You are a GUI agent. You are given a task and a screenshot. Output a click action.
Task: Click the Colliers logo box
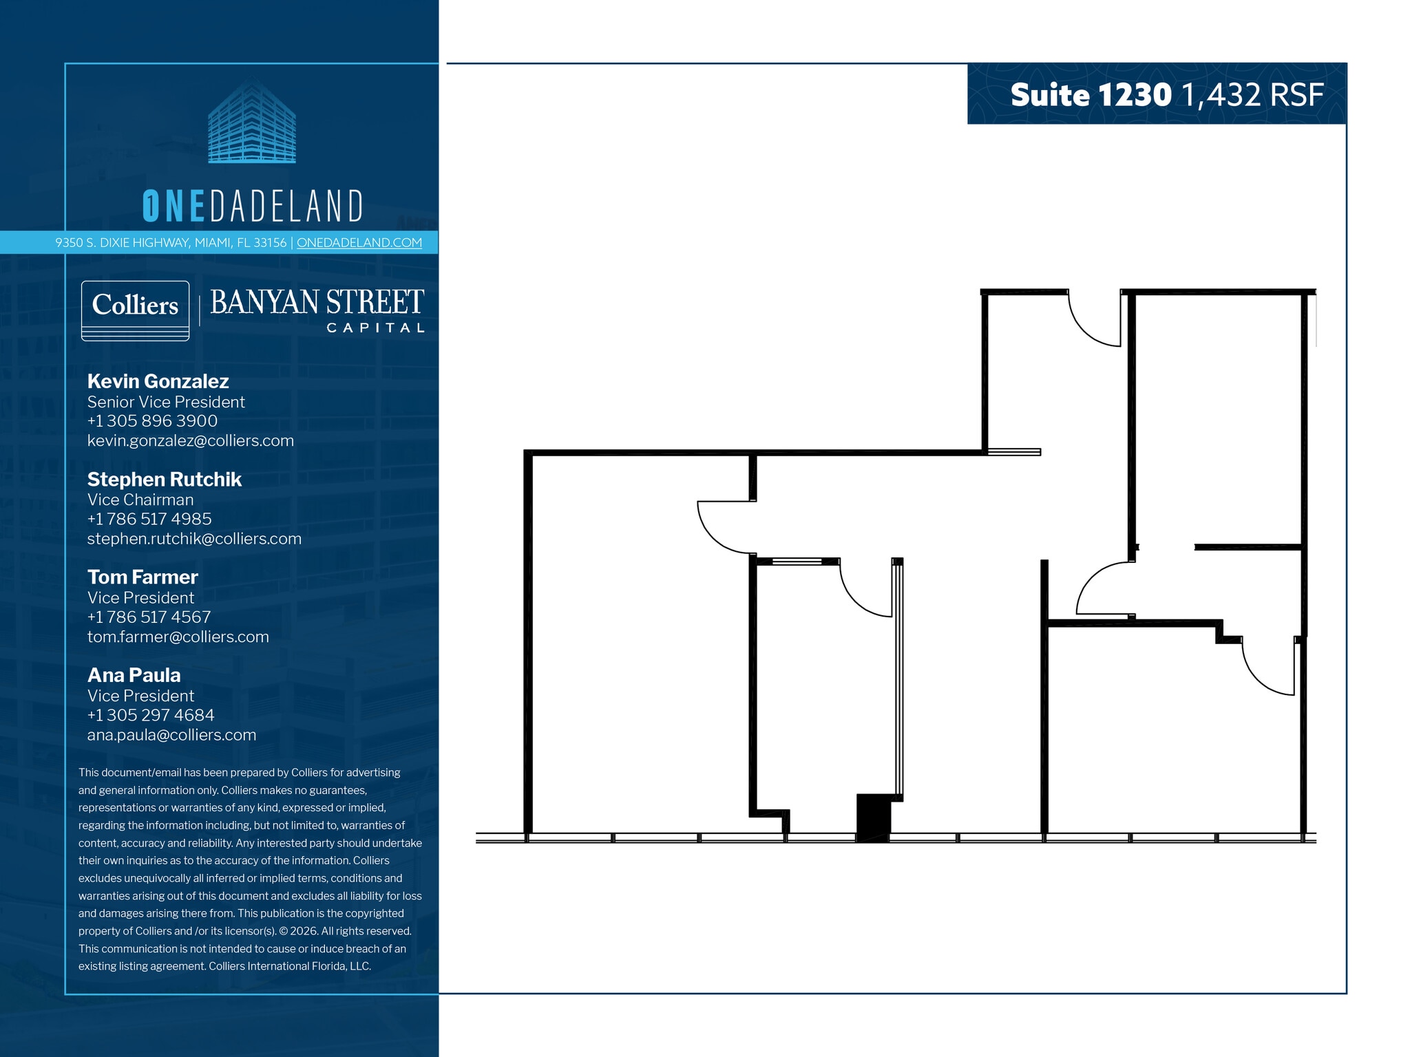coord(135,310)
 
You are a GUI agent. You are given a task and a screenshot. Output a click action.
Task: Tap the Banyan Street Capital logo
coord(317,310)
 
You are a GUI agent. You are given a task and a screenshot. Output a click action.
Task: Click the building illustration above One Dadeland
coord(252,122)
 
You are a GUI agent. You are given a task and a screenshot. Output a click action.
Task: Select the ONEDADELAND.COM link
coord(359,243)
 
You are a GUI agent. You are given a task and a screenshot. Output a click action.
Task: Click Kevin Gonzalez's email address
coord(190,441)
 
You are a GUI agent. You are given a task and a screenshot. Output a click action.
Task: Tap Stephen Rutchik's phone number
coord(149,520)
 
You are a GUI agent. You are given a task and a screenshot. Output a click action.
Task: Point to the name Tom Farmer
coord(143,577)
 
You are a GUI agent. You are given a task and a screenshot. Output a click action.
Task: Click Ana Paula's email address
coord(171,736)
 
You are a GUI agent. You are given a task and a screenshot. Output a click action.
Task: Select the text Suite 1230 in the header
coord(1091,95)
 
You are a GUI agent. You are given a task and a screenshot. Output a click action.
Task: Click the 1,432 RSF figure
coord(1252,95)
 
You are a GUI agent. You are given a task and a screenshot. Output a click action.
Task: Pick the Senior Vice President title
coord(166,403)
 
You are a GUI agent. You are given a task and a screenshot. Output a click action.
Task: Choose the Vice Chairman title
coord(140,500)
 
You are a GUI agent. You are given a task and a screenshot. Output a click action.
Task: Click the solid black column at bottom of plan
coord(873,818)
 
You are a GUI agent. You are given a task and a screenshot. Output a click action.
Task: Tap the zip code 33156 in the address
coord(270,243)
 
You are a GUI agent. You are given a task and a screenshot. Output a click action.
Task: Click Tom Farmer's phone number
coord(149,618)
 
